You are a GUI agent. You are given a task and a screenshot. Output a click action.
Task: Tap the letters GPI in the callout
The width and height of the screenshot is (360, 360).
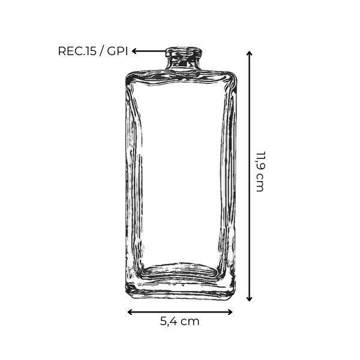(x=118, y=51)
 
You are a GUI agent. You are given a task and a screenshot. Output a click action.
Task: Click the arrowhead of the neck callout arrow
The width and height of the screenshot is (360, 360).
(x=135, y=51)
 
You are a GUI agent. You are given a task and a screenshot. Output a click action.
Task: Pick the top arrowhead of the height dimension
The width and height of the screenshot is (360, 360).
(x=250, y=53)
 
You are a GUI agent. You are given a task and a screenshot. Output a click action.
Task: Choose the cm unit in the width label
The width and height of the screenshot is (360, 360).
(x=190, y=321)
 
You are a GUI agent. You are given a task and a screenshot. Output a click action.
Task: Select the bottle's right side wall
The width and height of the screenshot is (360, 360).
(x=227, y=180)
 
